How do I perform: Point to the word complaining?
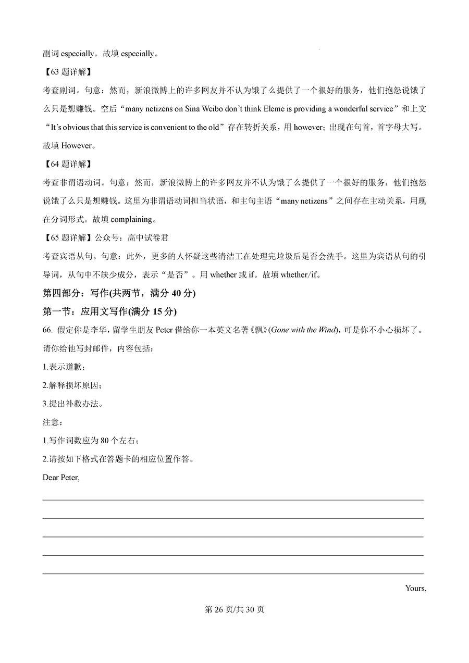131,219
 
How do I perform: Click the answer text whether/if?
299,275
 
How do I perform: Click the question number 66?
47,330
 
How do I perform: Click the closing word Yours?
415,589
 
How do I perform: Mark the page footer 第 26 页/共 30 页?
234,609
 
